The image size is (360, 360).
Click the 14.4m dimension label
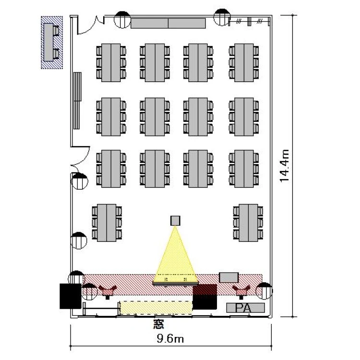point(285,166)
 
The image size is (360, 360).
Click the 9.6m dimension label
point(171,339)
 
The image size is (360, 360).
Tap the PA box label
point(245,307)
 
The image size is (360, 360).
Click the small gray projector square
point(175,220)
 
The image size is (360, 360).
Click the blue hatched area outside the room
point(52,42)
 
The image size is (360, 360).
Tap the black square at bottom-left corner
point(70,296)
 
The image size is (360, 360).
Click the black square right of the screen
point(205,296)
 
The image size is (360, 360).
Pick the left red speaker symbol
point(108,290)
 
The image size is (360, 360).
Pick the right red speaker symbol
point(241,290)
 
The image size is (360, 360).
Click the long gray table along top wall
point(168,23)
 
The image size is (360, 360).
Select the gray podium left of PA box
point(229,277)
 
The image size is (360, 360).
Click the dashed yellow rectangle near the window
point(156,307)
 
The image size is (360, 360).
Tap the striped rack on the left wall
point(77,101)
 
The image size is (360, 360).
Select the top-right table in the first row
point(245,62)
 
